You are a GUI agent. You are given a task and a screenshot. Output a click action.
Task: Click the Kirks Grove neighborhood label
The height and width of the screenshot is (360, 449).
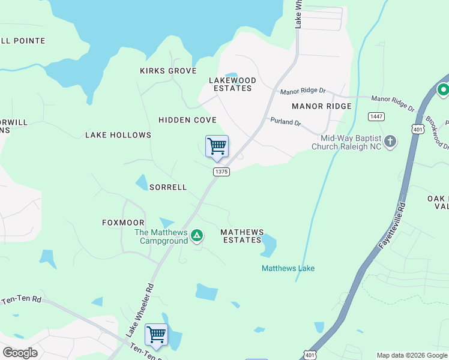tap(168, 71)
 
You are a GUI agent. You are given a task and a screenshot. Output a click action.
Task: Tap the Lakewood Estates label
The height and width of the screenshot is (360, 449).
tap(232, 84)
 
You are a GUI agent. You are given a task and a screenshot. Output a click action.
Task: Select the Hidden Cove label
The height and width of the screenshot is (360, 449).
tap(187, 120)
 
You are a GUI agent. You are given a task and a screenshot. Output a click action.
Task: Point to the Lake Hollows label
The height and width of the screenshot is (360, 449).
tap(118, 135)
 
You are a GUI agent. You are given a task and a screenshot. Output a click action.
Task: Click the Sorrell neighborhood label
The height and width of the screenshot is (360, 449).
tap(168, 187)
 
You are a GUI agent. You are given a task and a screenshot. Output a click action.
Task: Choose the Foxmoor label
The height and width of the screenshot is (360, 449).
tap(123, 223)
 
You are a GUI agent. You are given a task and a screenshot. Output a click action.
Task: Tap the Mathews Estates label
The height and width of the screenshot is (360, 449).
tap(243, 236)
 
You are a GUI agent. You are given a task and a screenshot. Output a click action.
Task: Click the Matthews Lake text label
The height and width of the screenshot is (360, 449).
tap(288, 268)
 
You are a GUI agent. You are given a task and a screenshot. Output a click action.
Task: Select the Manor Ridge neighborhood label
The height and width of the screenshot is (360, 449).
tap(321, 106)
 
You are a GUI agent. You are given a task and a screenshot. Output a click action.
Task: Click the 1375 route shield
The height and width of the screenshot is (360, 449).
tap(221, 172)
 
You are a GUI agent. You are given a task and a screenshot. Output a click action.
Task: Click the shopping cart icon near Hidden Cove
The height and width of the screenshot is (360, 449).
tap(217, 146)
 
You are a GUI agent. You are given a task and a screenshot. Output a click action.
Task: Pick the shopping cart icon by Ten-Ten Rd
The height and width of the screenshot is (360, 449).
tap(157, 334)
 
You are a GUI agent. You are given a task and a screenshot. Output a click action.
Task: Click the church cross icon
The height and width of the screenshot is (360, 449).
tap(390, 142)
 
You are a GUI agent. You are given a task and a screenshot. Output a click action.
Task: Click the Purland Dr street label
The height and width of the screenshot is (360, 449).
tap(285, 122)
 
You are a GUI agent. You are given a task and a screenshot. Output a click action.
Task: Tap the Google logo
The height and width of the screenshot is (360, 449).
tap(20, 353)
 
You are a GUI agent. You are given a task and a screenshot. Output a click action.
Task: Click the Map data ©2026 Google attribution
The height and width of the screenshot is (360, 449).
tap(412, 355)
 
